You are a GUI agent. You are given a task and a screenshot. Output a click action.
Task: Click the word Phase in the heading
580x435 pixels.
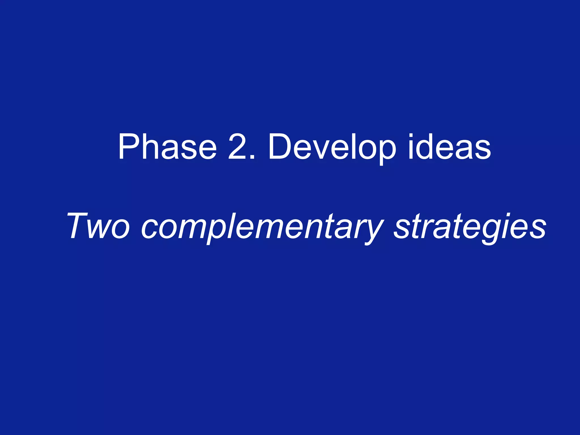tap(167, 147)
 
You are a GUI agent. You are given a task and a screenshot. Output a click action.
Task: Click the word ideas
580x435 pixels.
tap(449, 147)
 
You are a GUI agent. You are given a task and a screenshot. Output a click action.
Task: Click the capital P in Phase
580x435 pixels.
tap(129, 147)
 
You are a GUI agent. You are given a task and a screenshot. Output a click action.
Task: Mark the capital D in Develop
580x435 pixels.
tap(280, 147)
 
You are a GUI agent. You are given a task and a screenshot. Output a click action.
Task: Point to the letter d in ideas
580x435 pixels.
tap(426, 147)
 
